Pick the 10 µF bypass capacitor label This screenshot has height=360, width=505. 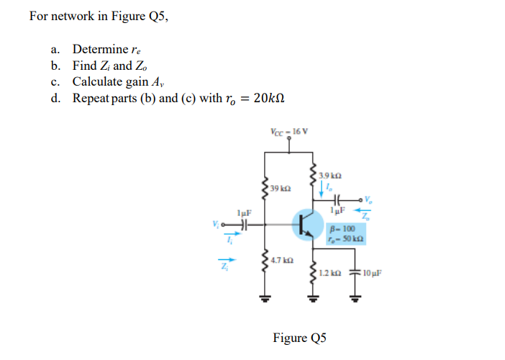pos(375,274)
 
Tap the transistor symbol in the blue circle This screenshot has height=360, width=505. pos(308,226)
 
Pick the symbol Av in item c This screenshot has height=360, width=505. pos(159,81)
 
